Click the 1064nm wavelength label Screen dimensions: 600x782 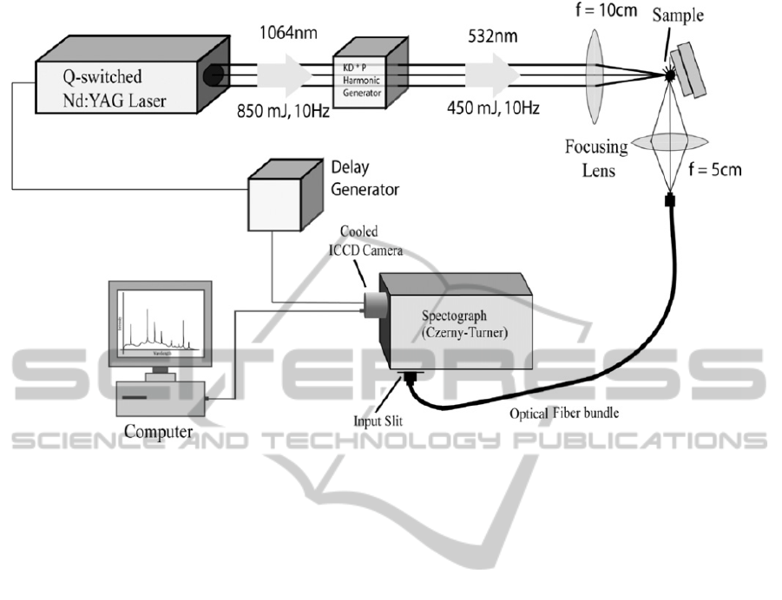(x=283, y=36)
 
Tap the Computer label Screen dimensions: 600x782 (x=159, y=430)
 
